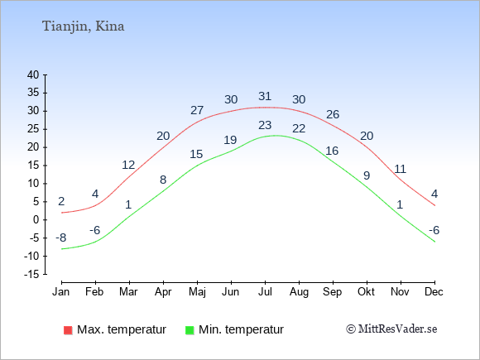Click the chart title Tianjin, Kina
[84, 26]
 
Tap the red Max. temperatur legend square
[68, 330]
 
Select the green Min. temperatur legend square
[190, 330]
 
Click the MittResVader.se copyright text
[391, 329]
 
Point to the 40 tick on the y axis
[33, 74]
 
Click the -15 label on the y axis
[31, 274]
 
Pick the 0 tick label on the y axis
[36, 220]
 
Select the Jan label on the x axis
[61, 292]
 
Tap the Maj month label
[197, 292]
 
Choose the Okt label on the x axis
[366, 292]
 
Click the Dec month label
[434, 292]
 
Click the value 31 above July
[265, 97]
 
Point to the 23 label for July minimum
[265, 125]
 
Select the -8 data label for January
[61, 238]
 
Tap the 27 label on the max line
[197, 110]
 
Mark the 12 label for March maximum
[128, 165]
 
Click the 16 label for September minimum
[332, 151]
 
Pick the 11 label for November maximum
[400, 169]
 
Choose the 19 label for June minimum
[230, 140]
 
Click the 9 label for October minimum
[367, 175]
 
